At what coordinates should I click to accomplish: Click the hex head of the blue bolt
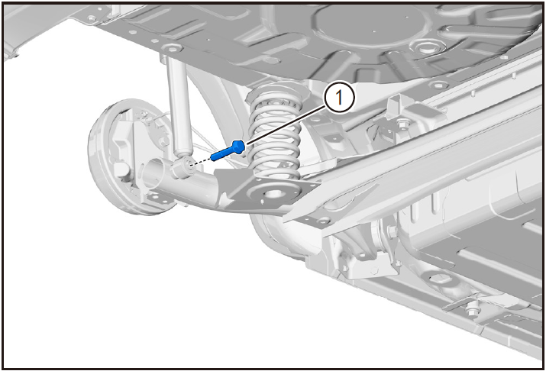click(x=238, y=146)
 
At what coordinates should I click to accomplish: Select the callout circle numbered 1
click(x=340, y=98)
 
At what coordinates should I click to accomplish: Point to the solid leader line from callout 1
click(x=286, y=126)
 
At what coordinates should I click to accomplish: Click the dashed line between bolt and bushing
click(x=201, y=162)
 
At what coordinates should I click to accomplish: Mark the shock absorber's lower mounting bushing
click(x=183, y=166)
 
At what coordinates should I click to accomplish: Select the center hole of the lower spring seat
click(x=274, y=193)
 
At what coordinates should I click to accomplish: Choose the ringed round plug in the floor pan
click(x=424, y=47)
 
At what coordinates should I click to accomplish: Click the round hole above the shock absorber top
click(x=172, y=47)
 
